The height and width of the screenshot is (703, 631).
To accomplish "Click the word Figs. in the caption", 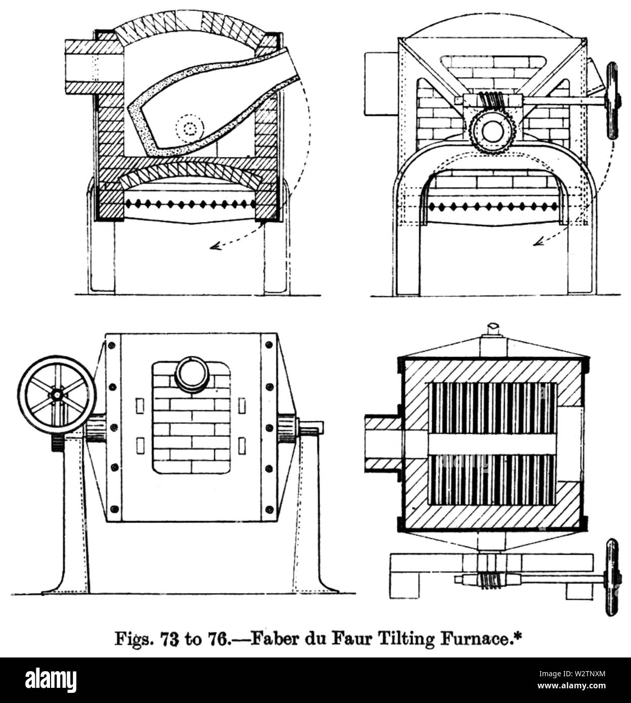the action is click(x=134, y=639).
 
